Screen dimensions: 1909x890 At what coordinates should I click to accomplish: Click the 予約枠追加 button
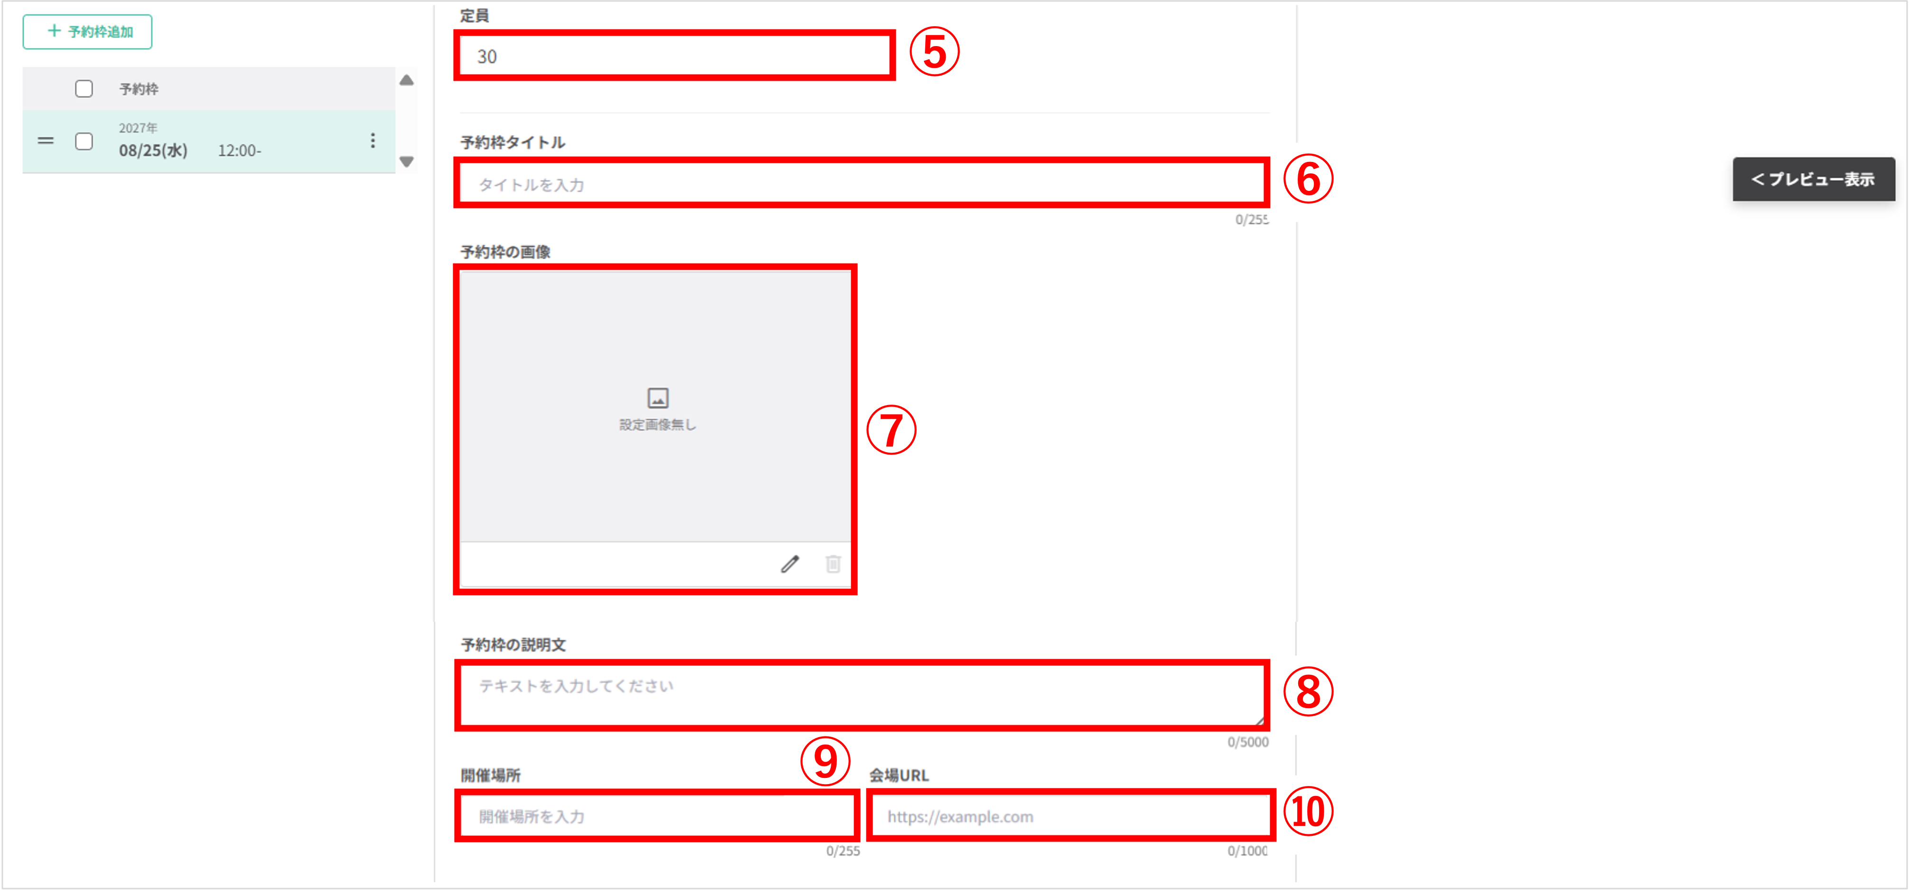pos(87,32)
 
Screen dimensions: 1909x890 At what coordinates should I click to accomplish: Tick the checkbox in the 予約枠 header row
pos(84,89)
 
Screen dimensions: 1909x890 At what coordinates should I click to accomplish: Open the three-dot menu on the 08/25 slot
pos(373,140)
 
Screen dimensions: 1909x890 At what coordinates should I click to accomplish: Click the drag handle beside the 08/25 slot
pos(46,140)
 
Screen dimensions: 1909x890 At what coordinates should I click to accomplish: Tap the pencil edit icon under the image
pos(790,564)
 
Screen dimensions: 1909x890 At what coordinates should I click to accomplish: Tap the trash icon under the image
pos(833,564)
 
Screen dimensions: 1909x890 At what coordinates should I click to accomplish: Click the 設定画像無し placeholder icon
pos(658,398)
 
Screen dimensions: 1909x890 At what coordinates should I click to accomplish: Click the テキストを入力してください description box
pos(861,694)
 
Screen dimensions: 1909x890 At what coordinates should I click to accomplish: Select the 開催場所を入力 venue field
pos(656,816)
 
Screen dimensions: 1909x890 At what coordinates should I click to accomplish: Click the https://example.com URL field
pos(1070,816)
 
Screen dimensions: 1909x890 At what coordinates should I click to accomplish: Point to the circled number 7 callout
pos(892,430)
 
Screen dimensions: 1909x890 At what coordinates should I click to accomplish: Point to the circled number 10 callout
pos(1308,812)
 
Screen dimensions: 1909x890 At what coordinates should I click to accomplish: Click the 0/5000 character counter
pos(1248,742)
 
